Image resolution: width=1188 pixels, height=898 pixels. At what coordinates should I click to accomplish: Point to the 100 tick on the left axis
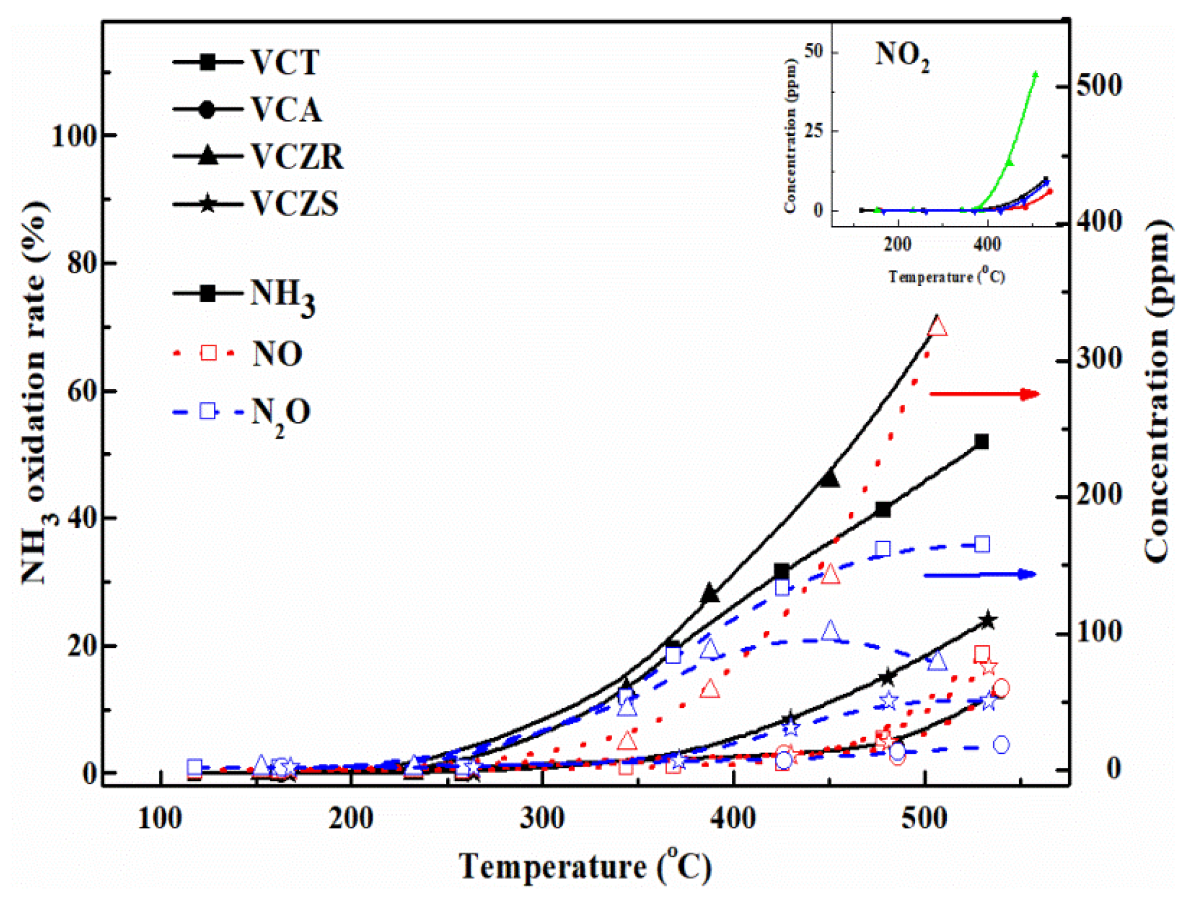(x=74, y=135)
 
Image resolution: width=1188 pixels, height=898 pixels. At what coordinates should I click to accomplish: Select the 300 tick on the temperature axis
(x=542, y=818)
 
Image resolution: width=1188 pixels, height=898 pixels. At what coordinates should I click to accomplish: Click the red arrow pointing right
(x=984, y=394)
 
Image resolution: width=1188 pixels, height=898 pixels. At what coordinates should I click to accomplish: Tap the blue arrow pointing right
(x=980, y=574)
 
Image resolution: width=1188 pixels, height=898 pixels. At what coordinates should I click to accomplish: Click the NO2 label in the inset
(x=902, y=56)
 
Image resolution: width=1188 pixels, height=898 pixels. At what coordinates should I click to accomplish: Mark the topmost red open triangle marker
(x=937, y=327)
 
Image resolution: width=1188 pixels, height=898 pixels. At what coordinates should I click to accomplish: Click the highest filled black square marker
(x=981, y=441)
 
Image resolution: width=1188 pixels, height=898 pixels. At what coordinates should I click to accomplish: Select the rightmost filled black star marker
(x=988, y=620)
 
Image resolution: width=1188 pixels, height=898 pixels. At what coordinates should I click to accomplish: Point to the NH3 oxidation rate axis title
(x=35, y=392)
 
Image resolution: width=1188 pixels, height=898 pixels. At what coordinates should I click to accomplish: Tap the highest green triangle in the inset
(x=1035, y=74)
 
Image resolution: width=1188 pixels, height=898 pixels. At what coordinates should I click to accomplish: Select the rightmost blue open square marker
(x=982, y=544)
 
